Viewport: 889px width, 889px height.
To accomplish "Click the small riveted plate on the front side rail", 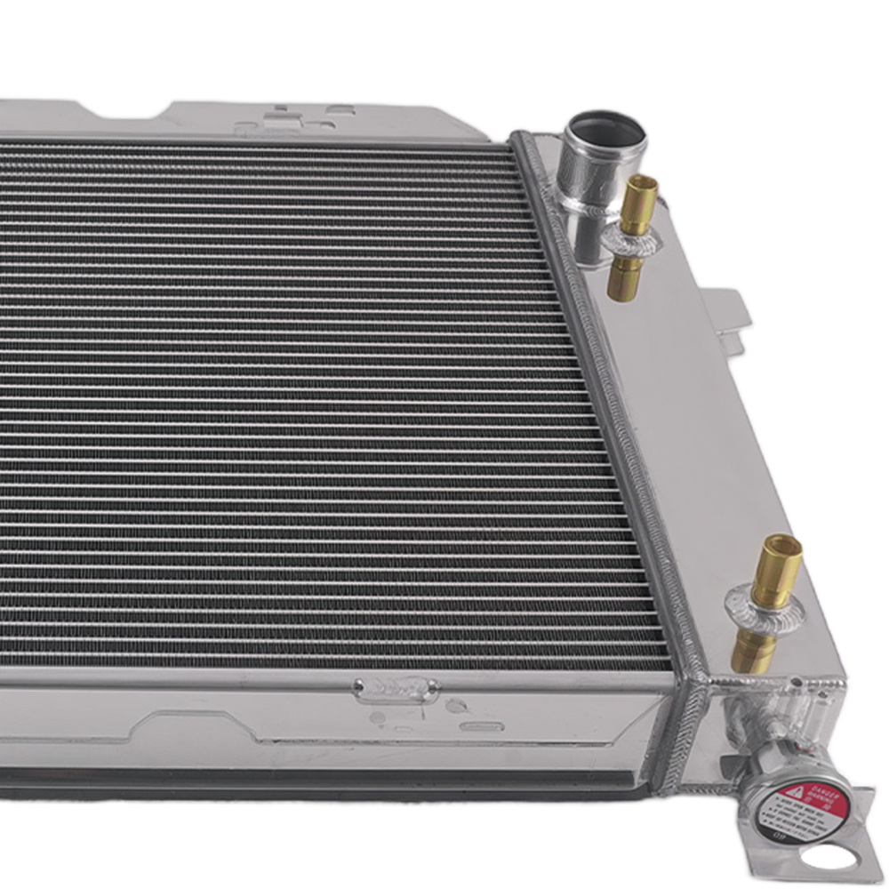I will point(396,688).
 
